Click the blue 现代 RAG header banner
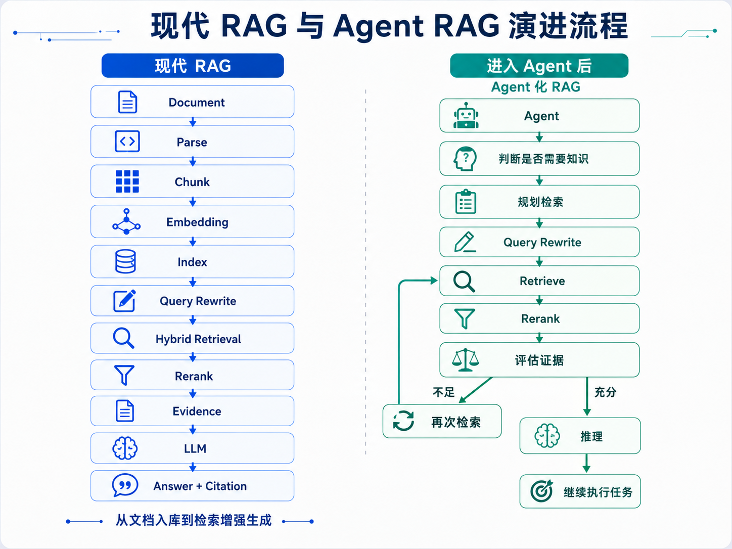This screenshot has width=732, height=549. tap(193, 66)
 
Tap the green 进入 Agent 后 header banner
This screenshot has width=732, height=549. tap(539, 66)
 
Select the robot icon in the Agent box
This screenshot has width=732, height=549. tap(466, 115)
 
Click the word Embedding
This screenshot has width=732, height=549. tap(198, 222)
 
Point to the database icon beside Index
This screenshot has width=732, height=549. tap(125, 261)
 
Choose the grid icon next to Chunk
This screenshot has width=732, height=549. tap(127, 181)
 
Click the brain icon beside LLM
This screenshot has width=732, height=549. tap(125, 448)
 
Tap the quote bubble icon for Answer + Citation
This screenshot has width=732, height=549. tap(125, 485)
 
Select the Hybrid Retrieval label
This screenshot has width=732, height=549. tap(198, 339)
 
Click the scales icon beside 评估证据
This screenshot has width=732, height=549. tap(465, 360)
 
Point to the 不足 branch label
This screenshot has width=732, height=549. tap(443, 392)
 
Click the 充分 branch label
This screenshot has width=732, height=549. tap(605, 392)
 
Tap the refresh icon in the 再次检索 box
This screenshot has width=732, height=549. tap(403, 421)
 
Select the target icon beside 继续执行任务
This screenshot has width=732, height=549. tap(541, 491)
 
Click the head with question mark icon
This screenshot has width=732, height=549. tap(465, 159)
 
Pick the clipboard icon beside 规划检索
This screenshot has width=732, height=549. tap(466, 201)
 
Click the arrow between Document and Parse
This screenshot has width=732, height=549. tap(193, 122)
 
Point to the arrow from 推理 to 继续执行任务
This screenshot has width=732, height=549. tap(586, 464)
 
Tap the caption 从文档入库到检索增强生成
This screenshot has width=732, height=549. tap(194, 520)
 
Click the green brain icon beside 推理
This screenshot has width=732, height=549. tap(547, 435)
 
